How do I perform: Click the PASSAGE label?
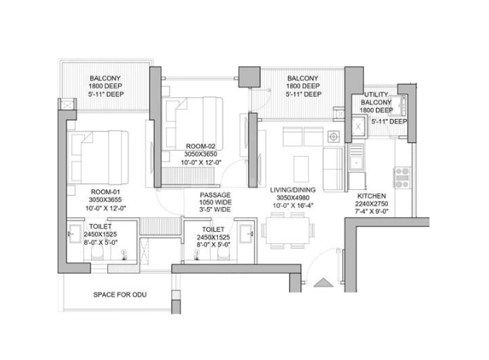tap(212, 195)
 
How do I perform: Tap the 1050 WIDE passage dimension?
tap(212, 203)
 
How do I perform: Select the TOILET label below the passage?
tap(212, 229)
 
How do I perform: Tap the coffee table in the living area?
tap(303, 165)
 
